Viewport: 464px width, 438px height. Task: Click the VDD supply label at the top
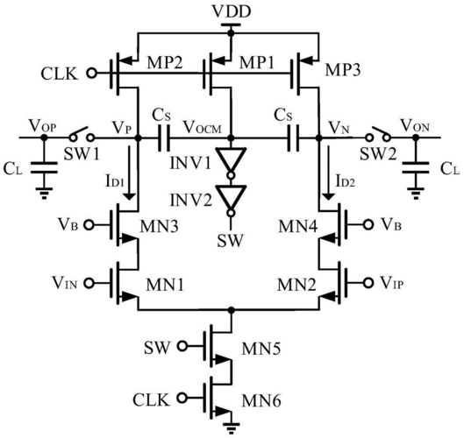tap(232, 11)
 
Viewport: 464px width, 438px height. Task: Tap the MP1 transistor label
tap(257, 63)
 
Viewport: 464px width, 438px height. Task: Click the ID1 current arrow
tap(129, 173)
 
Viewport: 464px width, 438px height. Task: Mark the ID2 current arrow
tap(328, 173)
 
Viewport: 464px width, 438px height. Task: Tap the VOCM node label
tap(203, 127)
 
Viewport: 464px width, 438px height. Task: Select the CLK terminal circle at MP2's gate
tap(92, 73)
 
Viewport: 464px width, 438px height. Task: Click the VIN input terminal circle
tap(89, 283)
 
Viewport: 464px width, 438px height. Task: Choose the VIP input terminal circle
tap(368, 283)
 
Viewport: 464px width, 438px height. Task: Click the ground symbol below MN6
tap(231, 427)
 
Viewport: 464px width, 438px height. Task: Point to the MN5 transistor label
tap(261, 349)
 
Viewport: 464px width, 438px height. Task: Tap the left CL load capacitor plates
tap(45, 167)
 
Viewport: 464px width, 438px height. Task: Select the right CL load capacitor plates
tap(416, 167)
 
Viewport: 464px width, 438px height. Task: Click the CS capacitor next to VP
tap(164, 138)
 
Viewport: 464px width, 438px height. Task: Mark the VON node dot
tap(416, 138)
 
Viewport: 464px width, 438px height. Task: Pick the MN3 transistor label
tap(160, 227)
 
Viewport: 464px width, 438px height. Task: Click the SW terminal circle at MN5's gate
tap(182, 346)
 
